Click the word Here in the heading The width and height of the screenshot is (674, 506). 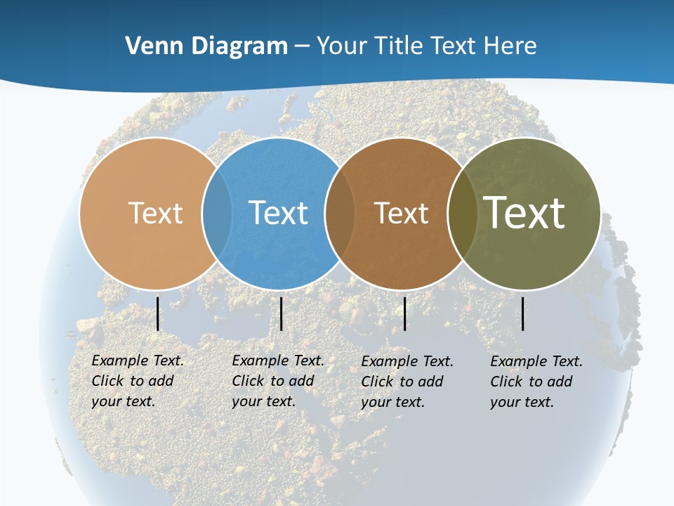coord(510,46)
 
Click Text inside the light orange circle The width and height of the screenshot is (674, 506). coord(155,213)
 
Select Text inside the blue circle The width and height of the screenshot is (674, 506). coord(278,213)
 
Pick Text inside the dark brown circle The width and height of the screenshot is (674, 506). coord(401,213)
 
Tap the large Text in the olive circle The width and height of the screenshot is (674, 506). coord(524,212)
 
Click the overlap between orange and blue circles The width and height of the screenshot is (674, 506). coord(216,213)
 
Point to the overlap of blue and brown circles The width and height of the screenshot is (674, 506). coord(339,213)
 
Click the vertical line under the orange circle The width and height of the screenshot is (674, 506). coord(158,313)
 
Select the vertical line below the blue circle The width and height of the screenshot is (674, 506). coord(281,313)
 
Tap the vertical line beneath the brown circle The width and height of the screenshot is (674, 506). coord(405,313)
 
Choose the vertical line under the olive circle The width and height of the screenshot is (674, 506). coord(523,313)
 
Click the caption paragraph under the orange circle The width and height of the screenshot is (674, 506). coord(137,381)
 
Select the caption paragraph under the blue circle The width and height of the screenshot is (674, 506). coord(277,381)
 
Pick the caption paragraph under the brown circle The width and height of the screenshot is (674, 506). coord(407,382)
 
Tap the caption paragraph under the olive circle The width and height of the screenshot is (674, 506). coord(536,382)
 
